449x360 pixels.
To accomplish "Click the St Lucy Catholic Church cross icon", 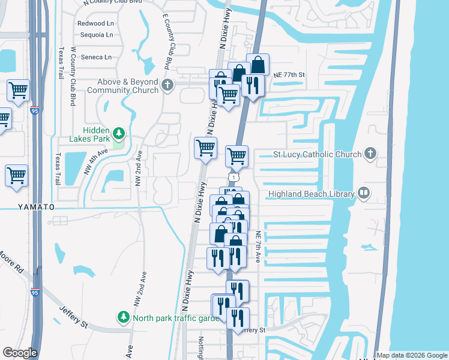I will (370, 154).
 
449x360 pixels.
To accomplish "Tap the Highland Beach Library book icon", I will (364, 193).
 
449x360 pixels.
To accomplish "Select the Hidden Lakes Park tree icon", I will (119, 132).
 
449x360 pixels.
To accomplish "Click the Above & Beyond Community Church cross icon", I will (167, 85).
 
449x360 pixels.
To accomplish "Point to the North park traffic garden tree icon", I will (124, 316).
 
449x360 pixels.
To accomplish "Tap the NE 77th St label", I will (289, 75).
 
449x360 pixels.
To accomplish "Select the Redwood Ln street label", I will (95, 23).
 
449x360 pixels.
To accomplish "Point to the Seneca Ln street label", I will (95, 58).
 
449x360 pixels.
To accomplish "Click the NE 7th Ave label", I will (258, 247).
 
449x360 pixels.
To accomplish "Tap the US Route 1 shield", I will (232, 176).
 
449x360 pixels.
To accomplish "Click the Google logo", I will (20, 353).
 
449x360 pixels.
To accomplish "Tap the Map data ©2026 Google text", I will (411, 355).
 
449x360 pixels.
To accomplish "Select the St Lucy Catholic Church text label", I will (317, 154).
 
